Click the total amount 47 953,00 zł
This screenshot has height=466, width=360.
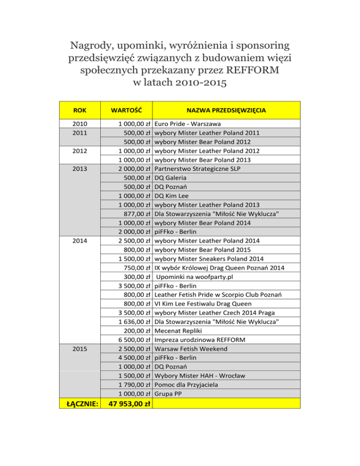[127, 404]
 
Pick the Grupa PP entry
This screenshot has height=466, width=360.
[169, 394]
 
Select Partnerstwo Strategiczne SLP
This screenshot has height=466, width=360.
[201, 169]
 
